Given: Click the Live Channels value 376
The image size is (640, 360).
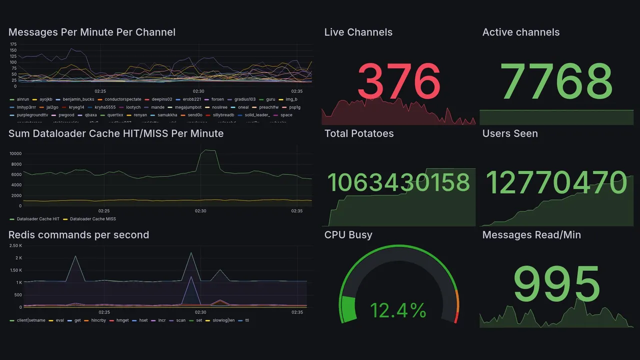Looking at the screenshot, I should [x=399, y=81].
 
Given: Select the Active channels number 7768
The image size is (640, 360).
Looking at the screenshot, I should [x=556, y=81].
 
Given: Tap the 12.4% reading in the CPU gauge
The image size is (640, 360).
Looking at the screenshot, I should [x=398, y=310].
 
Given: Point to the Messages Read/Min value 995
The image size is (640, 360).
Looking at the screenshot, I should [x=556, y=284].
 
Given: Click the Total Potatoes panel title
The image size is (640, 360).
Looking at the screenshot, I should [x=359, y=133].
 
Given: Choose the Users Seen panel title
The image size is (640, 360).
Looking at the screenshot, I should [x=510, y=133].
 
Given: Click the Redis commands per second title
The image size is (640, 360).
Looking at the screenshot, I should [x=78, y=235].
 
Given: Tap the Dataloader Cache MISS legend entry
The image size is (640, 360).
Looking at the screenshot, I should [x=92, y=219].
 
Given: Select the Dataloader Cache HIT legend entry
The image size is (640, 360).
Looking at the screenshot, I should [x=38, y=219].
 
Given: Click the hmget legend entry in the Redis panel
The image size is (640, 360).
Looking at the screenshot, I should [x=122, y=320].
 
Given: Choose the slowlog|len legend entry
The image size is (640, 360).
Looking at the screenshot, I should [x=223, y=320].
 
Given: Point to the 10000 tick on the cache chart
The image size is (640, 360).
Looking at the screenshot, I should [x=15, y=153].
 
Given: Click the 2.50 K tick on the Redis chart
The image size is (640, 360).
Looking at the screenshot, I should [x=15, y=245].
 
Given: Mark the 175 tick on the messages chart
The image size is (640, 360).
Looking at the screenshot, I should [x=13, y=44].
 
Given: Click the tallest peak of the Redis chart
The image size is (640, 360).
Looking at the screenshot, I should [x=191, y=253].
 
